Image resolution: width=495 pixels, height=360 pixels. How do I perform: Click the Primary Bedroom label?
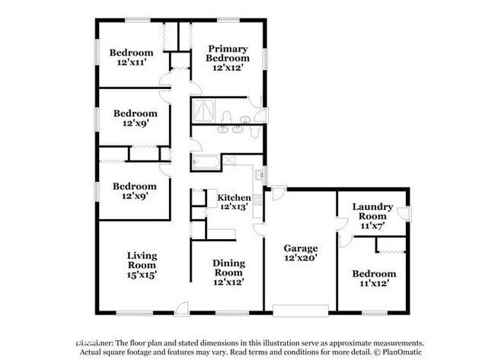point(228,53)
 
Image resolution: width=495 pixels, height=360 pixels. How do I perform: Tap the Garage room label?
point(300,248)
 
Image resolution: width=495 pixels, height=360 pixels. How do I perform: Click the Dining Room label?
point(228,267)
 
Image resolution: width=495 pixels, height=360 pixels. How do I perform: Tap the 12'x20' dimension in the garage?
point(300,258)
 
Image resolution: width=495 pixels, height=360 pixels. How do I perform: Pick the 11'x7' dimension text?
point(372,225)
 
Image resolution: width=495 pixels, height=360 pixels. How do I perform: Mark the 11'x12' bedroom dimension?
point(373,283)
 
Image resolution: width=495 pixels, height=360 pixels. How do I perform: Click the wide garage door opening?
point(301,311)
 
